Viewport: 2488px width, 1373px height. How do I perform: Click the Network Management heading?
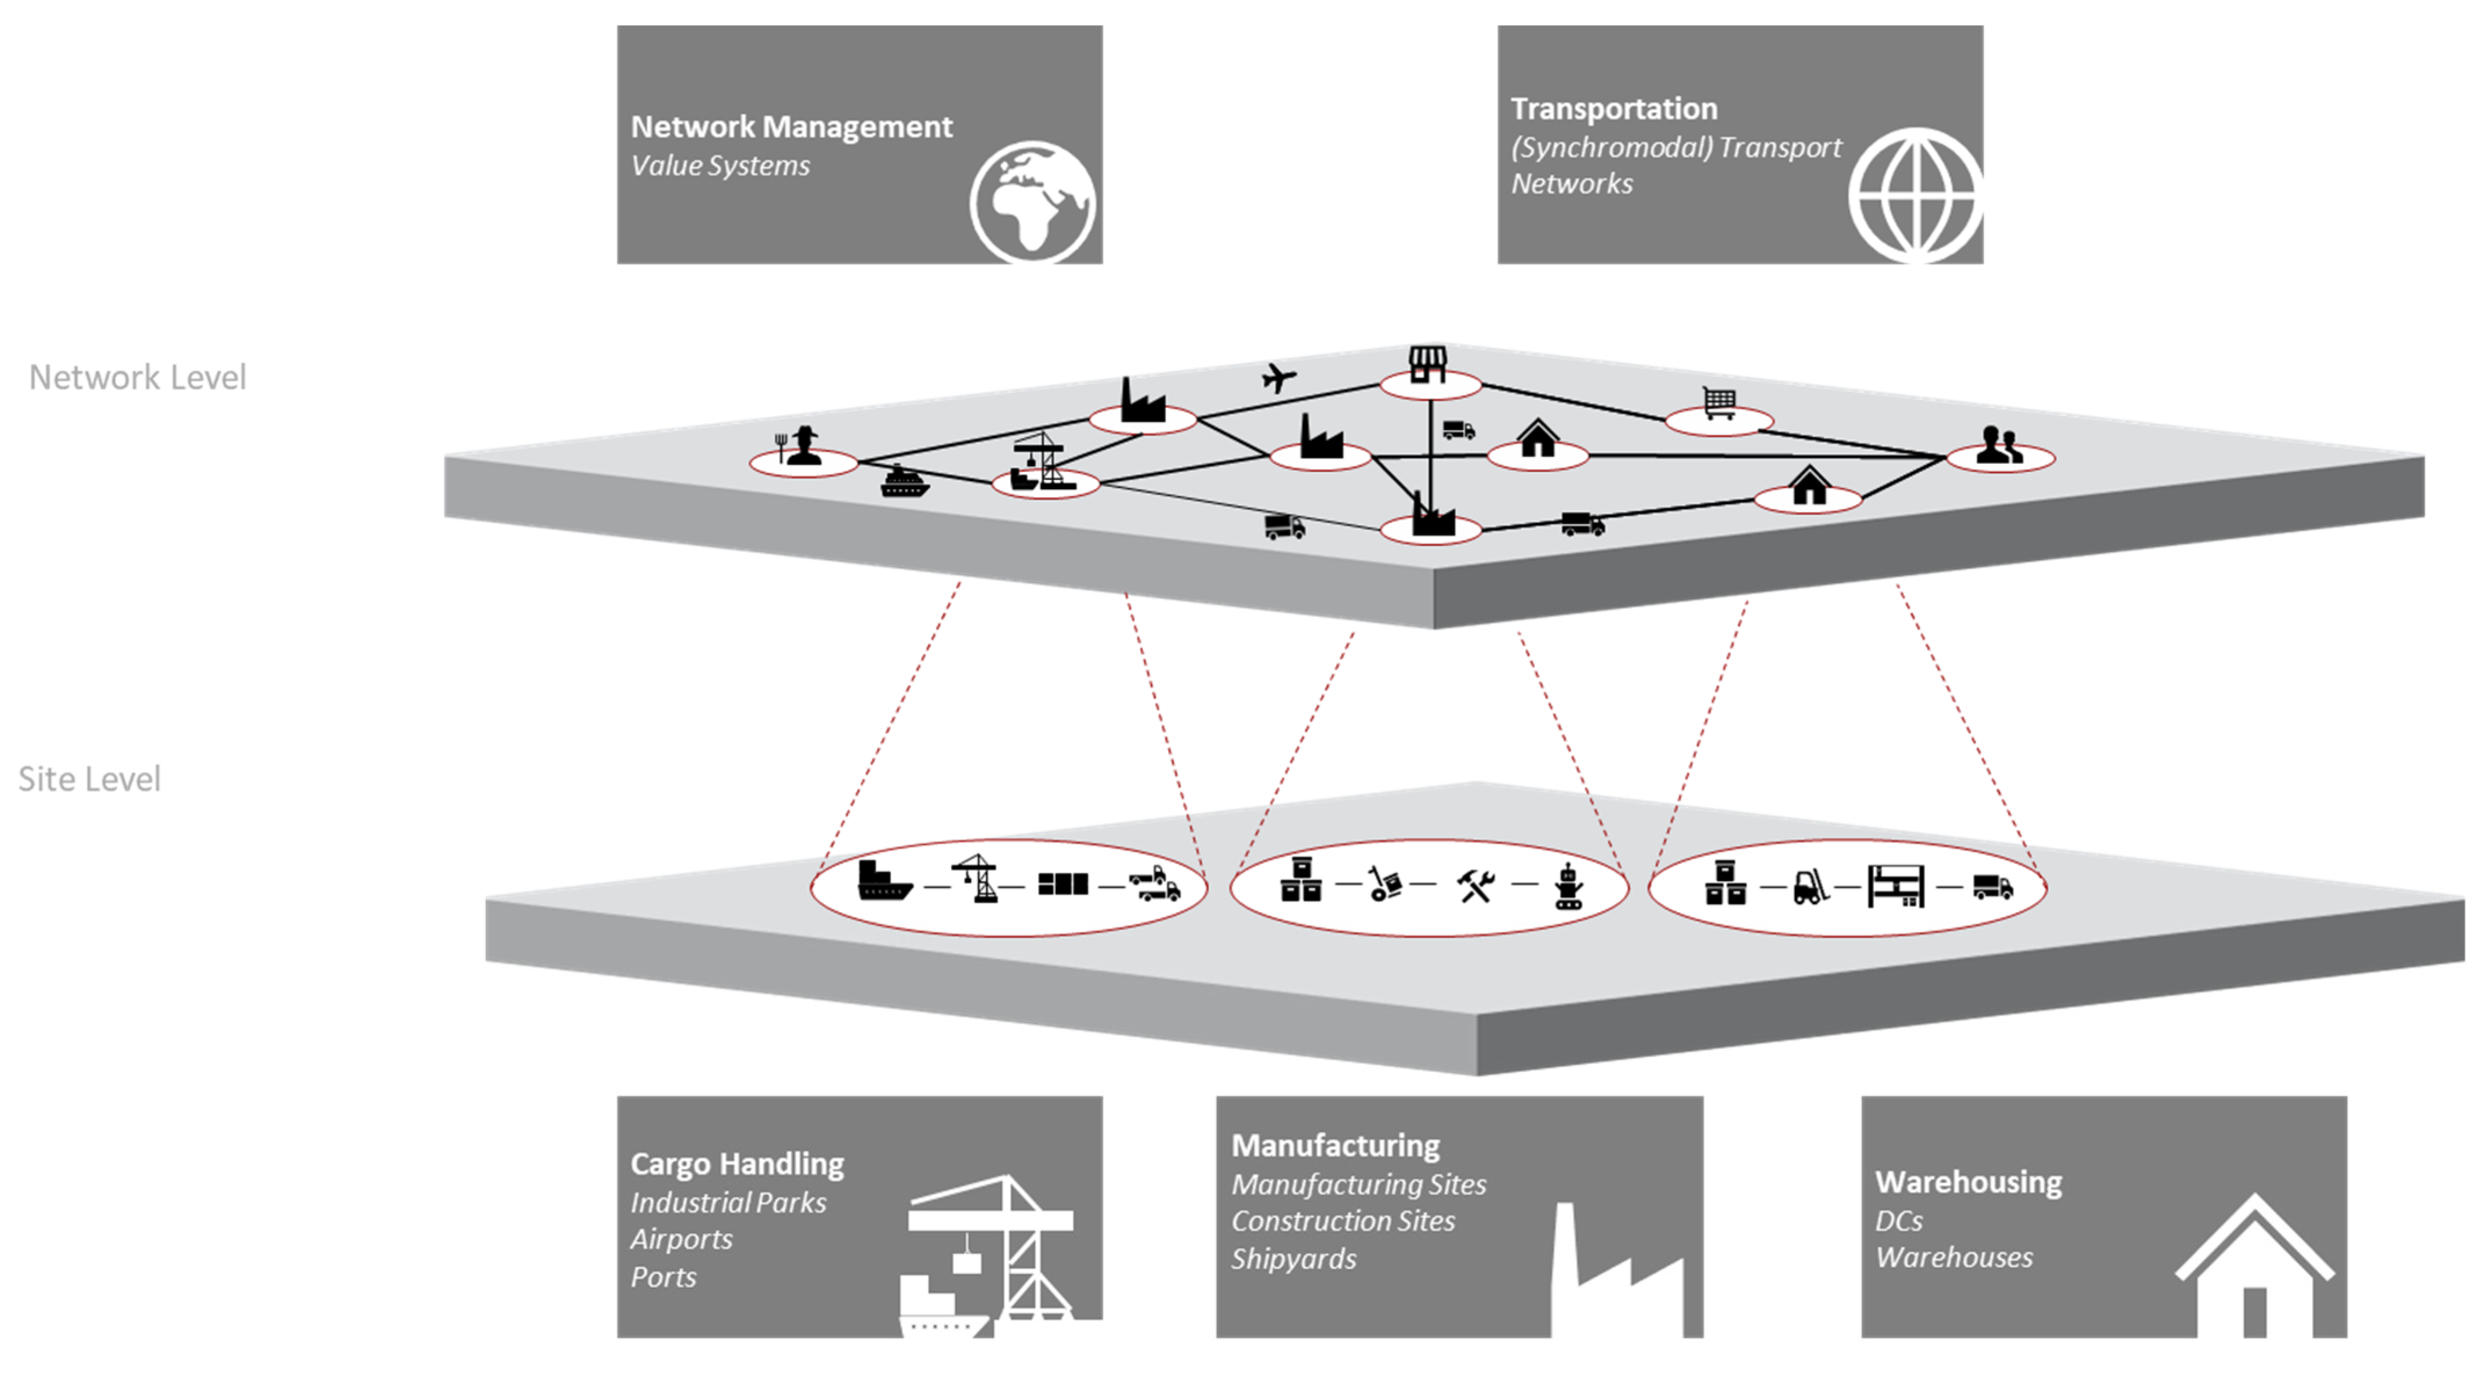791,127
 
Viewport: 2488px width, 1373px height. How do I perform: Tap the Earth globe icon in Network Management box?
1032,202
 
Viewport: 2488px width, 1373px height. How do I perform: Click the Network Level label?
137,377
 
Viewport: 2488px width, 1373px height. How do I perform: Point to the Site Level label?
89,779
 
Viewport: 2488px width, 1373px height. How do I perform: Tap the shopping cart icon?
1719,403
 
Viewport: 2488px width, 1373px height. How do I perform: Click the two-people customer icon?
1999,446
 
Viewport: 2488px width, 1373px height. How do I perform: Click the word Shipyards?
1293,1259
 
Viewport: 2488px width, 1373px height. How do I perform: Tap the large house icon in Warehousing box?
2253,1266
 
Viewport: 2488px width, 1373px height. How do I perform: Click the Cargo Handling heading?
737,1164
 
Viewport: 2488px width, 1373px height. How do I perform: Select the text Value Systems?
720,165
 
